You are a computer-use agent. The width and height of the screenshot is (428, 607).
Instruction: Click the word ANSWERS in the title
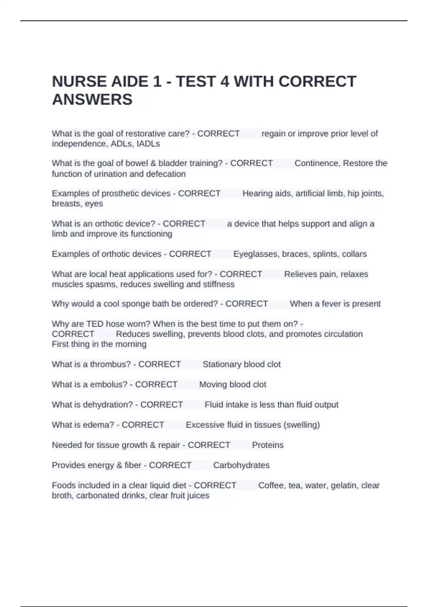click(92, 99)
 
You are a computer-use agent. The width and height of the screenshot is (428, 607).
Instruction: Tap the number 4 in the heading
click(224, 81)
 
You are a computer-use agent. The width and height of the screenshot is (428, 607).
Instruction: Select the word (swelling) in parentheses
click(301, 425)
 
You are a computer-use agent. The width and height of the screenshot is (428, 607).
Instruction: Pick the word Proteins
click(267, 445)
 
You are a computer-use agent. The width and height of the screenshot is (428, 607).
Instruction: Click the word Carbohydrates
click(241, 465)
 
